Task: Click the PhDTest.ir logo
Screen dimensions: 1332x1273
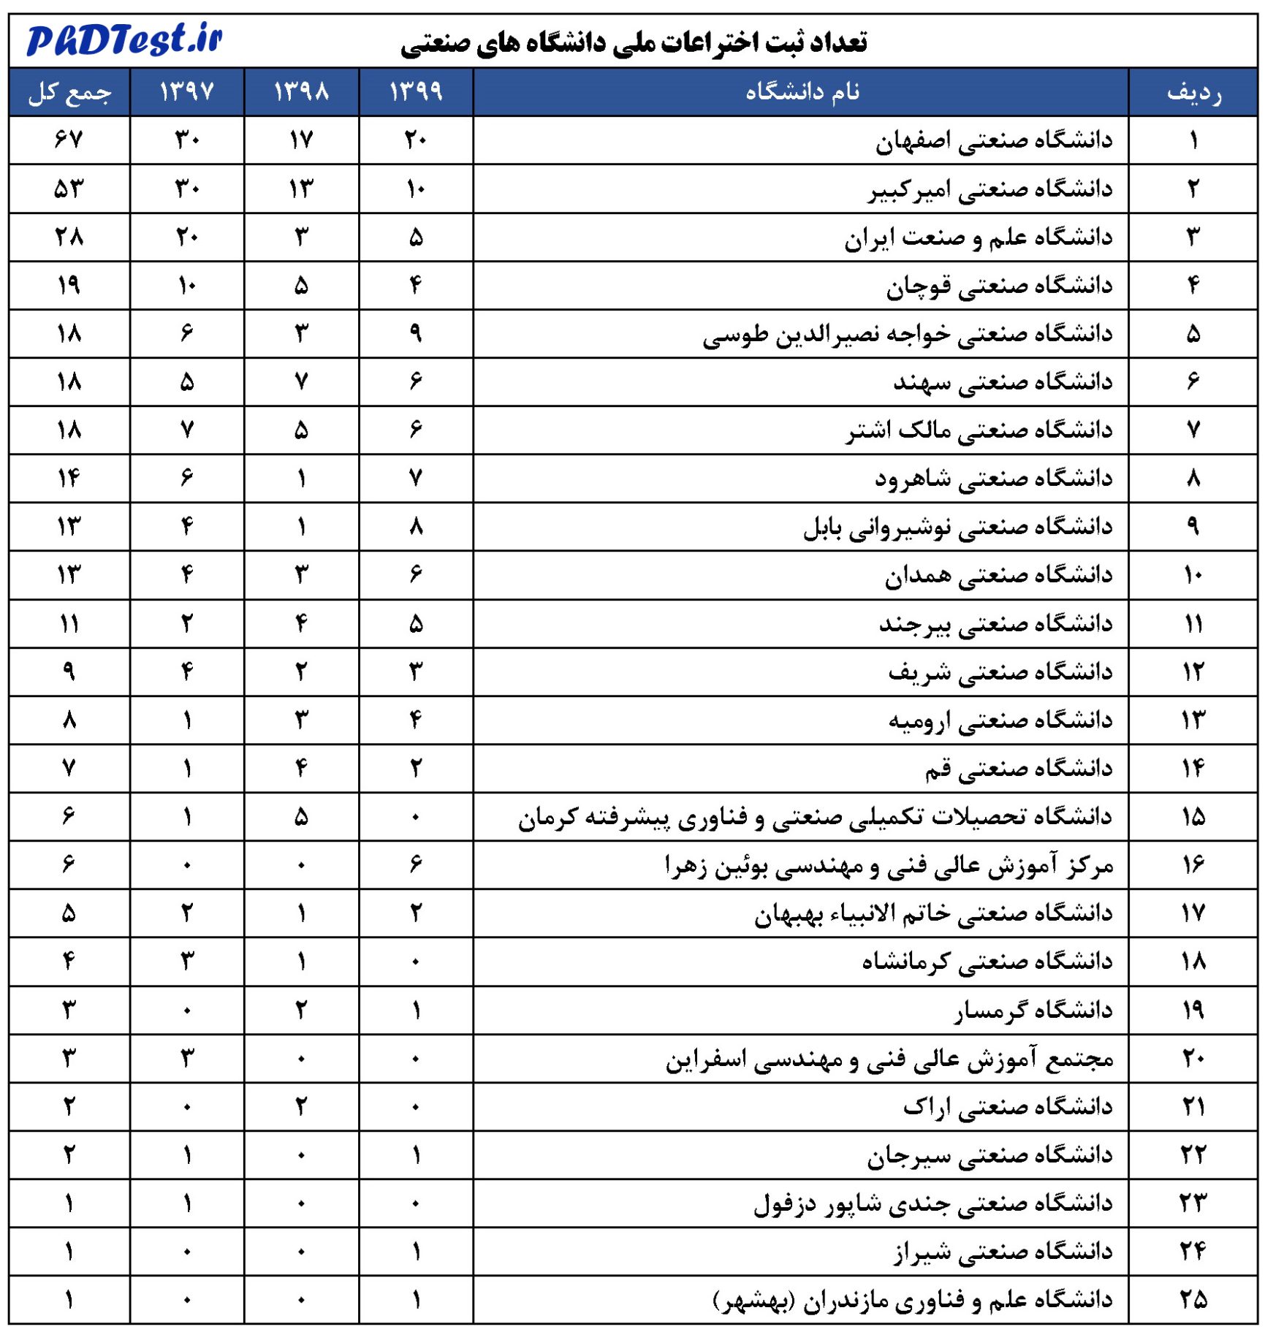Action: click(x=124, y=39)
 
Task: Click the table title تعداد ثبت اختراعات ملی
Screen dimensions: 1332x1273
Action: click(x=634, y=42)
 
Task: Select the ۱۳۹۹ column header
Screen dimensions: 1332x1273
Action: click(x=416, y=92)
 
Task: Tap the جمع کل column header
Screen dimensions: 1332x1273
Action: click(x=69, y=92)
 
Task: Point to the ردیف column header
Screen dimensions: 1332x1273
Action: click(x=1193, y=92)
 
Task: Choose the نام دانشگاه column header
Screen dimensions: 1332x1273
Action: click(x=802, y=92)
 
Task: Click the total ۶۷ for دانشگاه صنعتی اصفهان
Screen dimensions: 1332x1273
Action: click(x=69, y=140)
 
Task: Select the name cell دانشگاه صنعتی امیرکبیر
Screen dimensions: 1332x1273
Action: click(x=990, y=189)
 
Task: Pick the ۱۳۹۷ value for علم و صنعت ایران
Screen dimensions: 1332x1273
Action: click(x=187, y=237)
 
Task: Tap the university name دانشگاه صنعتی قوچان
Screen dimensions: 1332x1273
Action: click(x=999, y=286)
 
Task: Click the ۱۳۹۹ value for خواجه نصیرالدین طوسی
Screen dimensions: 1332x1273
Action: click(x=416, y=334)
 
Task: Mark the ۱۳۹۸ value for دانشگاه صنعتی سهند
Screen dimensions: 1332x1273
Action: click(x=301, y=381)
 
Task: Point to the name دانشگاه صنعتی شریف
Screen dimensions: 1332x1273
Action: click(x=1000, y=671)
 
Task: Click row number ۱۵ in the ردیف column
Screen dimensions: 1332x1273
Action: click(x=1193, y=816)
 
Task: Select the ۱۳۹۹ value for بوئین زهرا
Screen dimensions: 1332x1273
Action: click(x=416, y=864)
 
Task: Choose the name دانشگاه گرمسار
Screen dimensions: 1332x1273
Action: click(x=1033, y=1010)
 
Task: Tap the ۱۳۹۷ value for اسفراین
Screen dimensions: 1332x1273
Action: click(x=187, y=1058)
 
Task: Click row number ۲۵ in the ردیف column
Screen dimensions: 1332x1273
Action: click(x=1193, y=1299)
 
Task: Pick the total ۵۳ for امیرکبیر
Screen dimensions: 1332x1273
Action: click(x=69, y=189)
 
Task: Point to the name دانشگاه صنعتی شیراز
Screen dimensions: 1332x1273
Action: click(x=1003, y=1252)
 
